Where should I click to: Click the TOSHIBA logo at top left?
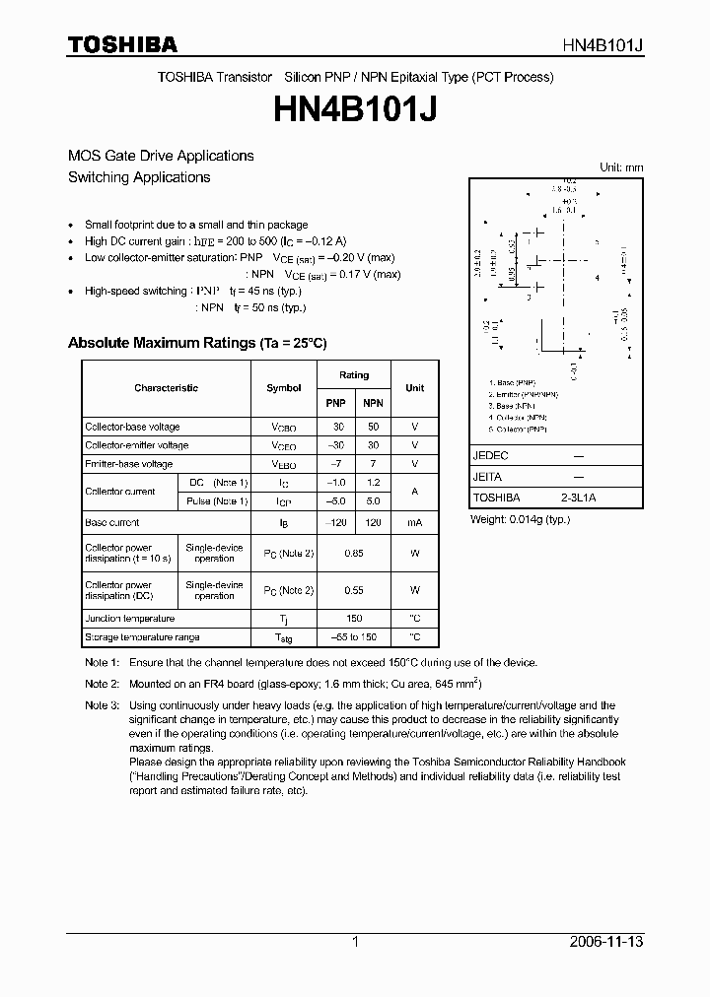[122, 44]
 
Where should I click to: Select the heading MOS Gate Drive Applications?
[161, 156]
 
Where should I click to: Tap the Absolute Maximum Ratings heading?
[196, 343]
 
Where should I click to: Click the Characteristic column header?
[166, 388]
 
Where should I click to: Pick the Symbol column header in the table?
[284, 388]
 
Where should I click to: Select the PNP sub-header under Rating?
[336, 404]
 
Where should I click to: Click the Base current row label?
[112, 523]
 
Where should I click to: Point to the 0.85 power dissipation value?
[354, 554]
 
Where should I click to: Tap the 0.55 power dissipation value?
[354, 591]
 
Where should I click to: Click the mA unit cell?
[414, 523]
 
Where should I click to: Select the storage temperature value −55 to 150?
[354, 637]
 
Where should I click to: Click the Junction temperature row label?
[130, 619]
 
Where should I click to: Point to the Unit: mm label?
[621, 167]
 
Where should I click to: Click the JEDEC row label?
[490, 456]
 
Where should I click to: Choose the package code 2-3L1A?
[578, 498]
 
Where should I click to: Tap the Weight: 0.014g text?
[520, 519]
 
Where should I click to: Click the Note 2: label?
[102, 684]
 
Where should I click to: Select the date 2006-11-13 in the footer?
[609, 942]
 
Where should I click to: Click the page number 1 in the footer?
[355, 942]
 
